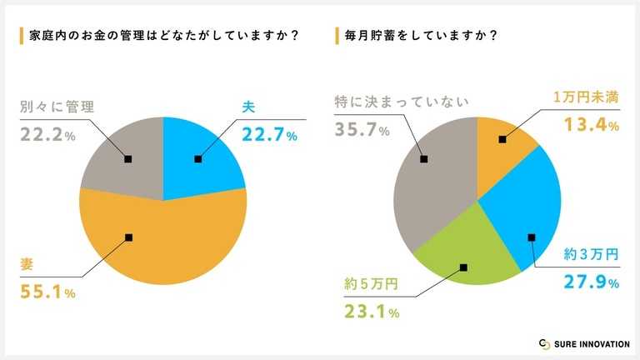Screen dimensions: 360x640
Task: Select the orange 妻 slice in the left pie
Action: (167, 242)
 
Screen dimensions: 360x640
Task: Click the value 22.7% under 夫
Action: (269, 134)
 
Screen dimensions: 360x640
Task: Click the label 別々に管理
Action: (57, 107)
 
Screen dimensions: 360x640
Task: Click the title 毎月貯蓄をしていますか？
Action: (422, 36)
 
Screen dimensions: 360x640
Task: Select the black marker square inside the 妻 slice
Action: (128, 237)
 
